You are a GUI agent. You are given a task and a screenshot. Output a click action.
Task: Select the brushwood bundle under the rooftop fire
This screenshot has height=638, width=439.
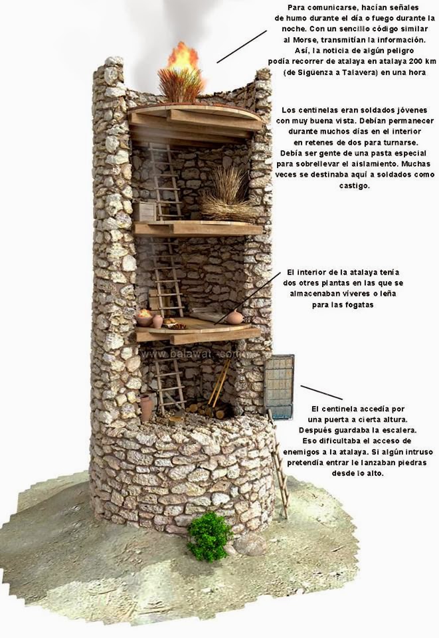coord(181,84)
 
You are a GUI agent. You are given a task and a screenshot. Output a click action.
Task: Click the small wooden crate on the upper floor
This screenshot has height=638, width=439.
coord(147,211)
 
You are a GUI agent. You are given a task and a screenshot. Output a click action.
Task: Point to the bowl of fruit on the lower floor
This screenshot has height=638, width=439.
coord(144,318)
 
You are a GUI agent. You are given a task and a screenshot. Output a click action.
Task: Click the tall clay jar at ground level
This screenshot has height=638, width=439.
coord(146,407)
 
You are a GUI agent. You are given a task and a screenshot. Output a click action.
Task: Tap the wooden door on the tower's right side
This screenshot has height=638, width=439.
coord(279,387)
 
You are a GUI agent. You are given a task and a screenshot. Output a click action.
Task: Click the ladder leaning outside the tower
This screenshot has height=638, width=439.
coord(279,465)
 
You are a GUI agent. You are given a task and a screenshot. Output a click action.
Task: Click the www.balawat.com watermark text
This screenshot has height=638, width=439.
coord(190,355)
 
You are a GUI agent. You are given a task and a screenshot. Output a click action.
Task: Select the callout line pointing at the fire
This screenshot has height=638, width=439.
coord(242,46)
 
